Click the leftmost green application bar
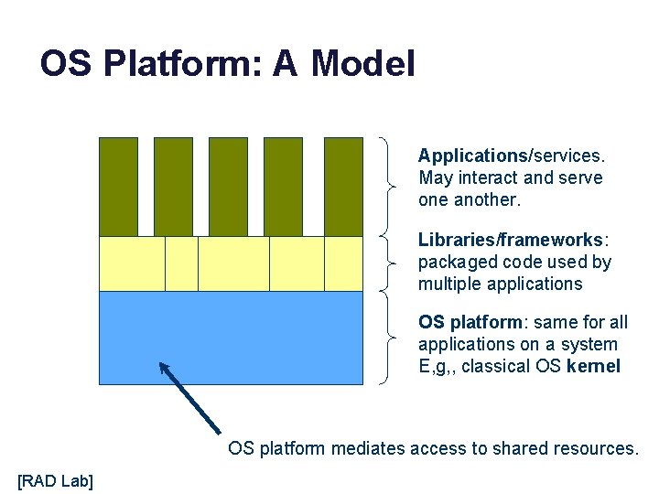[x=118, y=187]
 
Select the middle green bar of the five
[x=228, y=187]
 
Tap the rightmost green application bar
[x=343, y=187]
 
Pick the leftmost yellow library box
[x=132, y=263]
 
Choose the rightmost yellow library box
[x=344, y=263]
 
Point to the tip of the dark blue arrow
[x=161, y=364]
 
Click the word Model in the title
[x=362, y=64]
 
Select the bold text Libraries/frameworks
[x=510, y=240]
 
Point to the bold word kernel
[x=593, y=366]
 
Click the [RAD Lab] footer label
[x=55, y=479]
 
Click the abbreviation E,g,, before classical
[x=438, y=366]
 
